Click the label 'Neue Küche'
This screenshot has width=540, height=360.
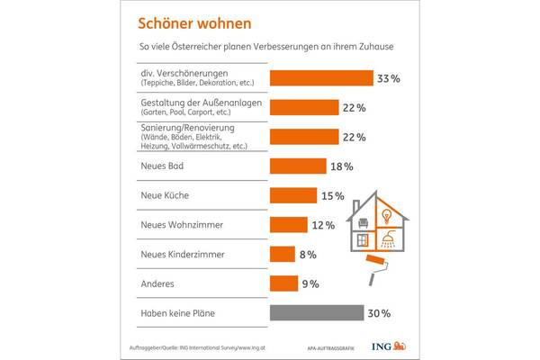pos(165,195)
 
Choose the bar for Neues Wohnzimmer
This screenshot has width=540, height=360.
pos(289,224)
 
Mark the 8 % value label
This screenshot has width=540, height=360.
pos(307,256)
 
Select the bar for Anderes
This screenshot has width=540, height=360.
pos(283,284)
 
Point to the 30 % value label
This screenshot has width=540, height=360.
pos(379,314)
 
